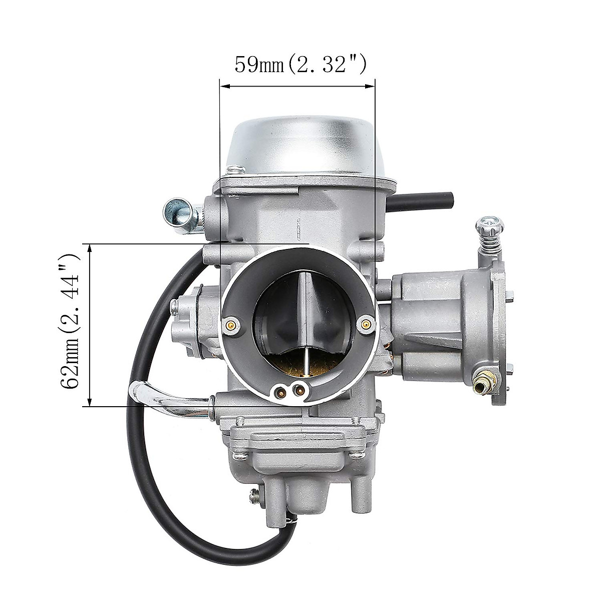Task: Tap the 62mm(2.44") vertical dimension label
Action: click(x=71, y=321)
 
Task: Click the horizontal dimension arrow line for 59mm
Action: click(x=297, y=87)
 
